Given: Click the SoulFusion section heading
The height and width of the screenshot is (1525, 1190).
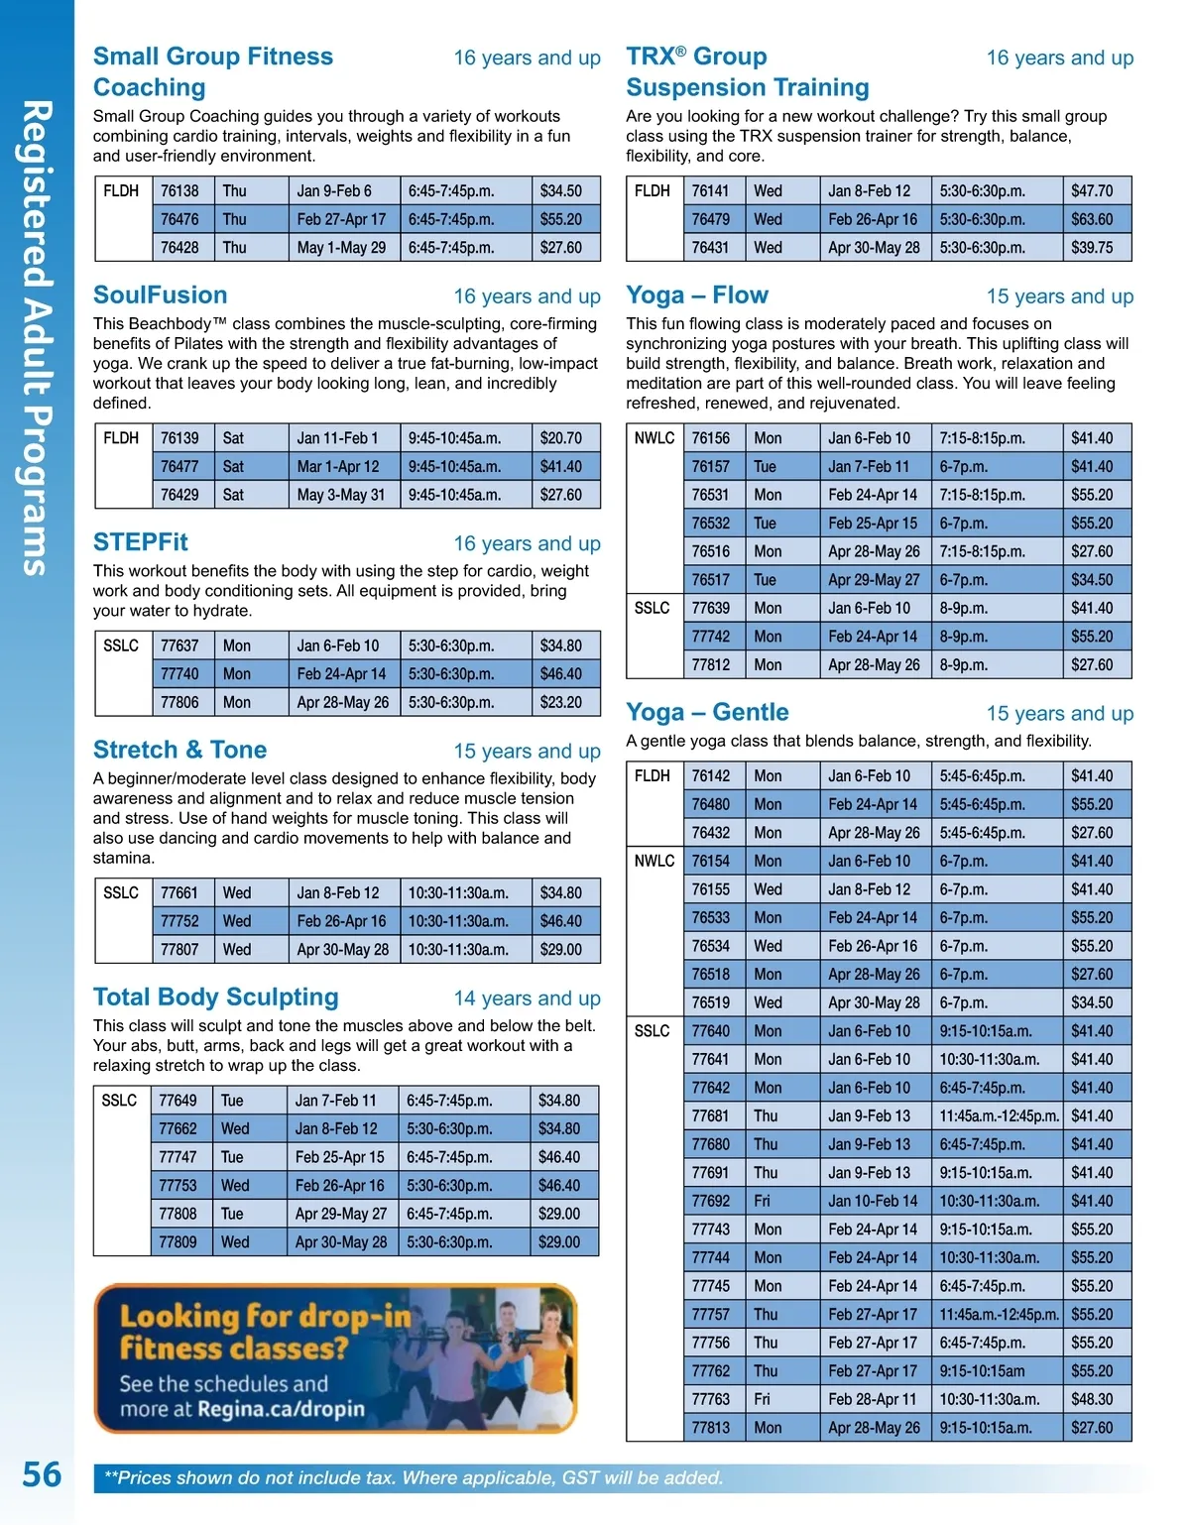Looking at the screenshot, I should [x=160, y=295].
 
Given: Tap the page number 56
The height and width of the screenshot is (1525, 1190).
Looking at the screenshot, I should [x=42, y=1474].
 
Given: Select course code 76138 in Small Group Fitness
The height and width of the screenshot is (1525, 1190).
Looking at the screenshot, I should [x=179, y=191].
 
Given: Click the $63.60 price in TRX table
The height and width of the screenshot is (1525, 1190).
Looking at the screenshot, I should [x=1091, y=220].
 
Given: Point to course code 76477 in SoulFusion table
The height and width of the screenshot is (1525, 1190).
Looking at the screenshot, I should [x=179, y=467].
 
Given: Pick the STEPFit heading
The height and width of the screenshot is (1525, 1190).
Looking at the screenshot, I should [x=140, y=542].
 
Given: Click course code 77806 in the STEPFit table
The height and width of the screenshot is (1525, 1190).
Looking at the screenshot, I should [x=179, y=703].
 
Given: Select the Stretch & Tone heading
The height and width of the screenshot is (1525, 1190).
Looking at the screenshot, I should [x=179, y=750].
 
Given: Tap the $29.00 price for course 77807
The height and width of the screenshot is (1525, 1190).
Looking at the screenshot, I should [x=560, y=950].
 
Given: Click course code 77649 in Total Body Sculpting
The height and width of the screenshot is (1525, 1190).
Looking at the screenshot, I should [x=178, y=1101].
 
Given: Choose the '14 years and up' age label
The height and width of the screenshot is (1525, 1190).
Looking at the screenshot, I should [x=527, y=998].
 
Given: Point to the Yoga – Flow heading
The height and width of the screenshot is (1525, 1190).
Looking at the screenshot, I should [x=696, y=295].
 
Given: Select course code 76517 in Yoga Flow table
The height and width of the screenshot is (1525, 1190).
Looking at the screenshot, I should [x=710, y=580].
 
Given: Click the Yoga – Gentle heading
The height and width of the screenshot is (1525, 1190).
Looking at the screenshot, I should [x=707, y=712].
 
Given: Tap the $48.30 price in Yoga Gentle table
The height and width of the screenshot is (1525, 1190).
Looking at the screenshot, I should [x=1091, y=1400].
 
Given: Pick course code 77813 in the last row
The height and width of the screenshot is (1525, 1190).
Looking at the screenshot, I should [x=710, y=1429].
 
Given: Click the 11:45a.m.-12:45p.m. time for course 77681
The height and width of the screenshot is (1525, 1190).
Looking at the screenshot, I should [x=999, y=1116].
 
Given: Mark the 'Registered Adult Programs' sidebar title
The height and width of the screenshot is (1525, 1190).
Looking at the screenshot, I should [x=37, y=337].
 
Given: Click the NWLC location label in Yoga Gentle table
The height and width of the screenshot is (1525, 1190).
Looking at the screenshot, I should [x=654, y=862].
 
